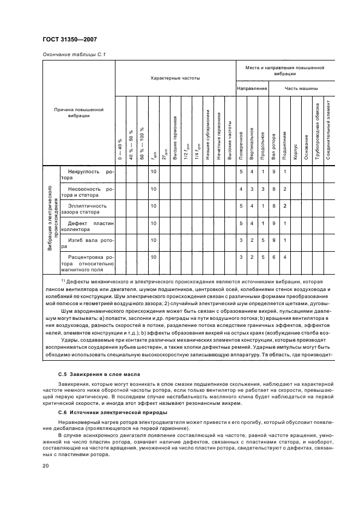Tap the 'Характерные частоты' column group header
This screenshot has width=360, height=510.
click(x=175, y=78)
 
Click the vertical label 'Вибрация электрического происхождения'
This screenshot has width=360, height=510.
click(x=53, y=221)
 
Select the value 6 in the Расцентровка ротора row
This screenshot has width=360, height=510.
click(x=273, y=257)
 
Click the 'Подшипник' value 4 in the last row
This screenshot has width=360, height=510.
click(x=284, y=257)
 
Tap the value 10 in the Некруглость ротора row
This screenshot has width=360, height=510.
click(x=154, y=172)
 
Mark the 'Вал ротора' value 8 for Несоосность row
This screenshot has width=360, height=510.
click(x=273, y=189)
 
